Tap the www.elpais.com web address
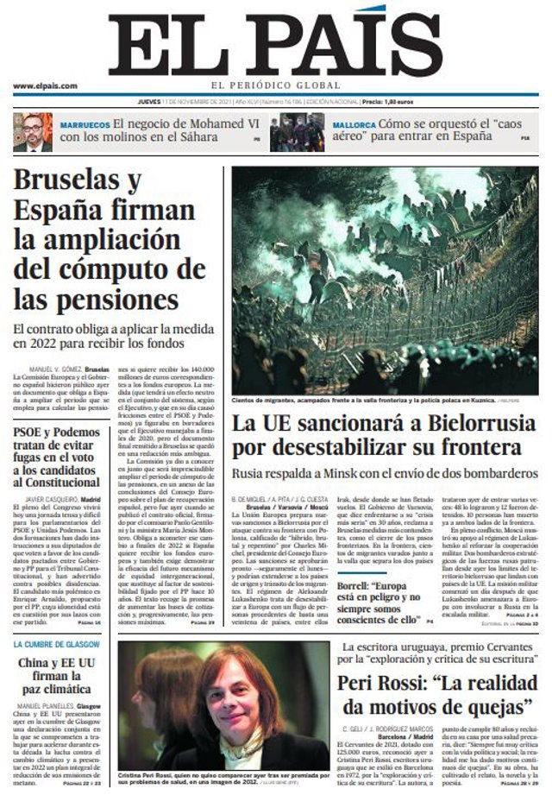coord(46,85)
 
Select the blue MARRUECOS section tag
coord(84,124)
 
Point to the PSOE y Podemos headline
coord(58,457)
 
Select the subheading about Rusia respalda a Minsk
coord(385,473)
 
